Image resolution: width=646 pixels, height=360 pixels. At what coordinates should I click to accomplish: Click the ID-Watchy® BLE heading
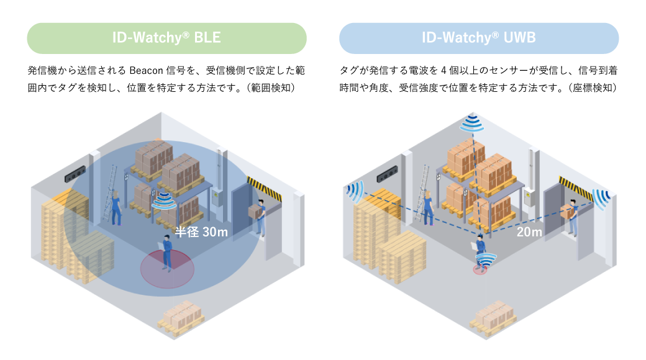[x=166, y=38]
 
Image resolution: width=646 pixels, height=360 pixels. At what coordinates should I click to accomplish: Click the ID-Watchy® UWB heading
[x=478, y=38]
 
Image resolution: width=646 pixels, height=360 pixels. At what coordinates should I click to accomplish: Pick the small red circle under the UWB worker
[x=480, y=269]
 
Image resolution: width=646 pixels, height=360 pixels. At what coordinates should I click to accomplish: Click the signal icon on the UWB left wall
[x=356, y=192]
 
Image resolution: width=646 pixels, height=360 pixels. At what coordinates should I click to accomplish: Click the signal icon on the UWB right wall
[x=601, y=199]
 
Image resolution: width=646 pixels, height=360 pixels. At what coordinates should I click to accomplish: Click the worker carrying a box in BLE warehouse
[x=259, y=217]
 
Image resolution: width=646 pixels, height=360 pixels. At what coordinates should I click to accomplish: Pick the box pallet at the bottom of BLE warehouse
[x=182, y=316]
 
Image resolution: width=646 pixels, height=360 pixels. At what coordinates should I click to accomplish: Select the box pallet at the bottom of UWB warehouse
[x=494, y=316]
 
